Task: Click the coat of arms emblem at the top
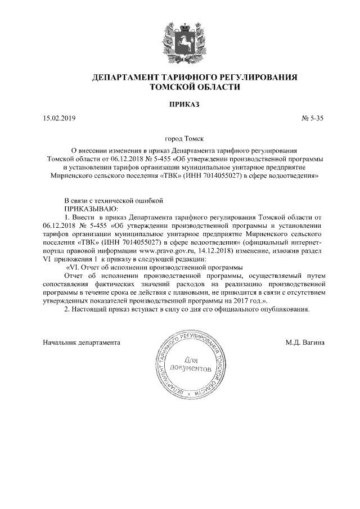pyautogui.click(x=181, y=39)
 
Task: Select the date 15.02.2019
pyautogui.click(x=58, y=119)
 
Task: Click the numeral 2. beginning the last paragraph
pyautogui.click(x=67, y=309)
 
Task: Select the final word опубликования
pyautogui.click(x=284, y=309)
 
